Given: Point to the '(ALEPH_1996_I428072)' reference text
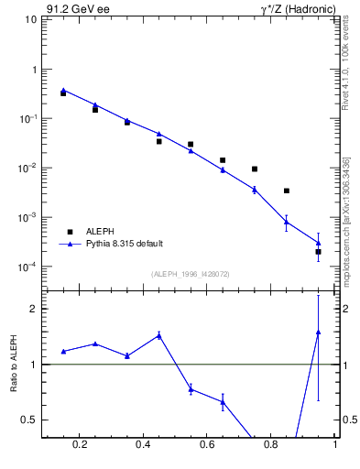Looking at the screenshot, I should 191,273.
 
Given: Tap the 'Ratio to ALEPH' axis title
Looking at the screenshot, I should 15,364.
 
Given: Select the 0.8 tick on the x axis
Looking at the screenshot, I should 272,445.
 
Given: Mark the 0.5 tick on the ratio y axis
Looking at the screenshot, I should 28,420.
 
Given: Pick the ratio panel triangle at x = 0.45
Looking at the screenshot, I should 158,335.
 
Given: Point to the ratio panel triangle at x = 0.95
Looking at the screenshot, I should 318,333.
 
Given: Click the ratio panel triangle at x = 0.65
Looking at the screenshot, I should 223,401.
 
